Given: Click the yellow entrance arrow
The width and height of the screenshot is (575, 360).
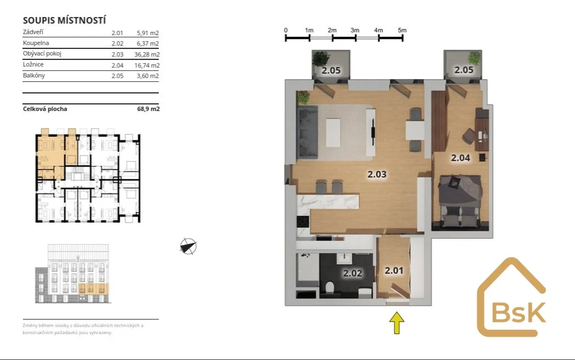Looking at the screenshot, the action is (x=397, y=323).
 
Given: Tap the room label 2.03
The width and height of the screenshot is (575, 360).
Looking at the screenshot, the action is (x=377, y=174).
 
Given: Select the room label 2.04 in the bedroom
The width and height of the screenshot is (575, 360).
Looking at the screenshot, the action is (x=460, y=158).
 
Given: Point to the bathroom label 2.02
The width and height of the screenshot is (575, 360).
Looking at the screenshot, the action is (x=353, y=273).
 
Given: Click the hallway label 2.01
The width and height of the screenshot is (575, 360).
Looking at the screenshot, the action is (x=394, y=270).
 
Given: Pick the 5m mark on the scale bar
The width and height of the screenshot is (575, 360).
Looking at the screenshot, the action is (x=402, y=30).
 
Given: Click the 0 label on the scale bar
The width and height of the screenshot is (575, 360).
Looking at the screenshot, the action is (x=286, y=30).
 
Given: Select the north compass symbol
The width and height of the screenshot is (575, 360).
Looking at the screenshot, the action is (x=188, y=246).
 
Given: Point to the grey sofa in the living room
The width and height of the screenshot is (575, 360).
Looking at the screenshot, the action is (x=308, y=132).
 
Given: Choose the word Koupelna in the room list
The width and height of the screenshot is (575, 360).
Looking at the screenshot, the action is (x=36, y=43).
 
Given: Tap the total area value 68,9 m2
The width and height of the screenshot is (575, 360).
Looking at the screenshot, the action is (x=148, y=109).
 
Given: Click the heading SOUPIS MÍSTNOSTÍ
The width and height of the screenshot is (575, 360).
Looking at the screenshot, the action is (x=64, y=20).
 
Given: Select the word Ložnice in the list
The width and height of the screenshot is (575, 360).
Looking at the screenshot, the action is (x=33, y=64).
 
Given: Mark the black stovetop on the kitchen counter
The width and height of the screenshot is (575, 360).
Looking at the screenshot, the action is (x=303, y=222).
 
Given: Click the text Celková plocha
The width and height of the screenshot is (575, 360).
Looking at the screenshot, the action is (x=44, y=109).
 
